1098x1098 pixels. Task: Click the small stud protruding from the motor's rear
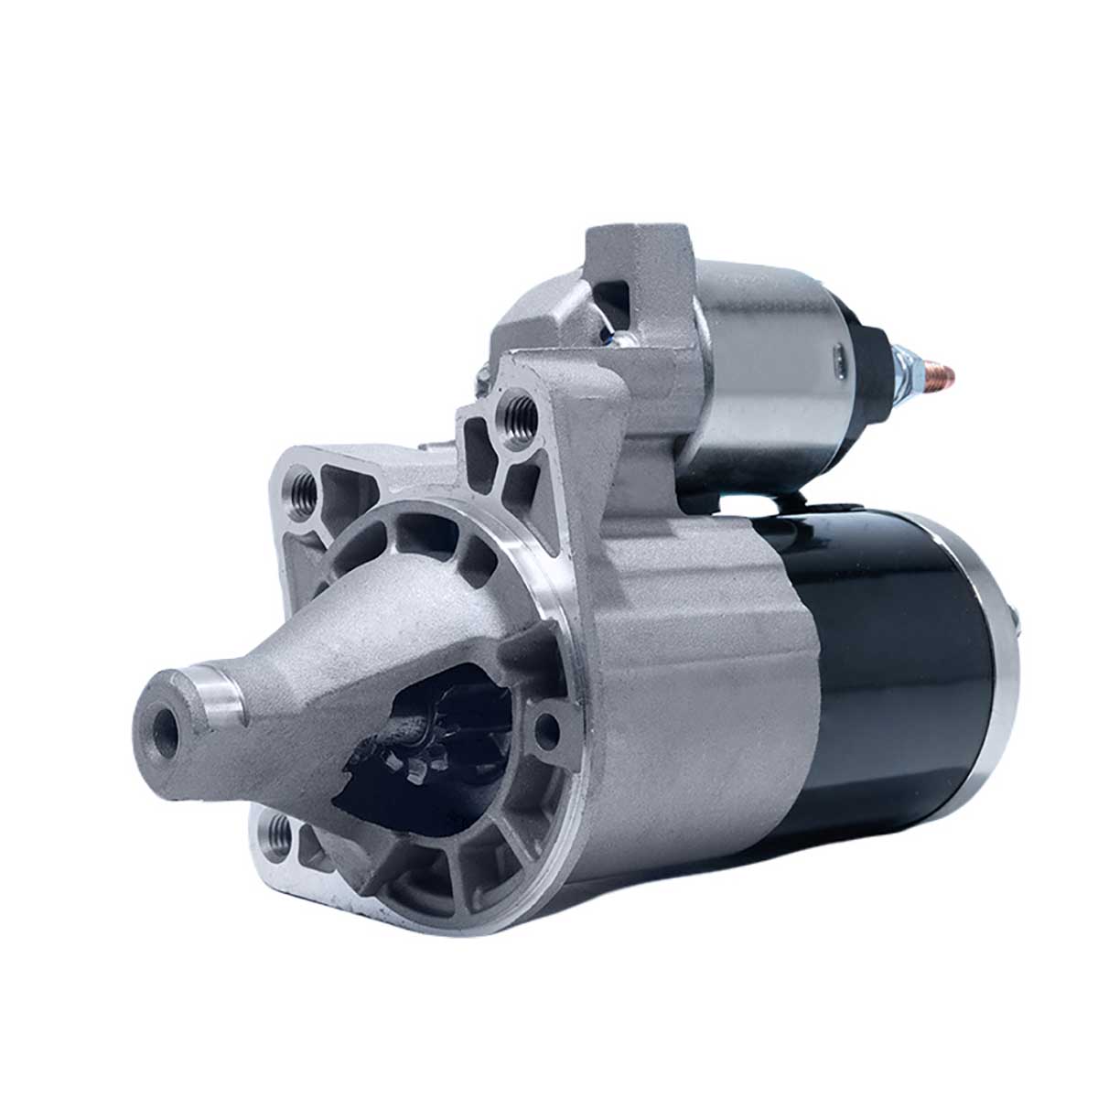(x=1017, y=615)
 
